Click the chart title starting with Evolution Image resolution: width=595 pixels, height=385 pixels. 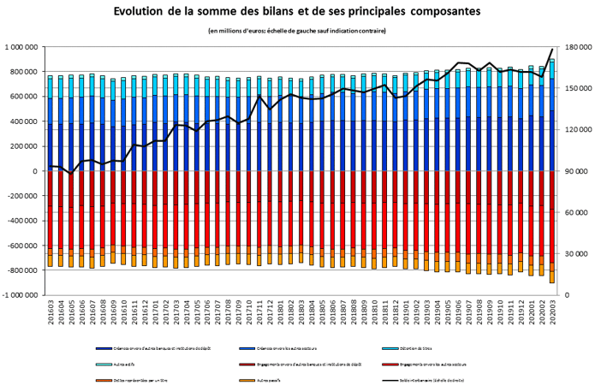click(x=297, y=12)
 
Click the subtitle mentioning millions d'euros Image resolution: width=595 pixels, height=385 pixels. click(x=297, y=32)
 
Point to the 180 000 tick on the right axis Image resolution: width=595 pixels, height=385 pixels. click(x=574, y=47)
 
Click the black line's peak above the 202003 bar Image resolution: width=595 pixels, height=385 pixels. click(x=552, y=50)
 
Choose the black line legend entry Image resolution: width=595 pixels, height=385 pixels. click(x=462, y=376)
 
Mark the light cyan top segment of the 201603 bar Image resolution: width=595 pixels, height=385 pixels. click(x=51, y=78)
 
